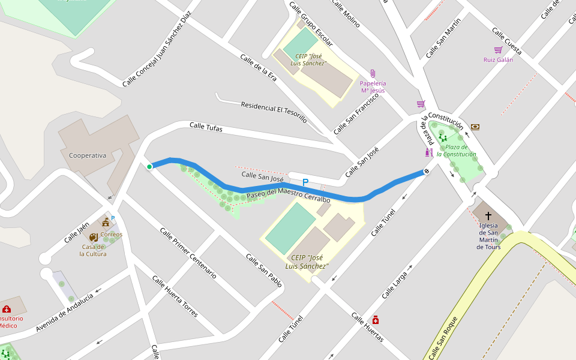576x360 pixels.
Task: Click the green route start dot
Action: (x=149, y=167)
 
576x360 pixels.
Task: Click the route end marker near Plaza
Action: (x=427, y=172)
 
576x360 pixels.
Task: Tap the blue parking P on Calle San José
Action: (x=305, y=182)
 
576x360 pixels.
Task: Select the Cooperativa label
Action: (x=88, y=155)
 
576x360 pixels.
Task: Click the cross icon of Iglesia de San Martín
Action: (x=488, y=215)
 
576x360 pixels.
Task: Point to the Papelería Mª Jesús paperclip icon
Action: (x=373, y=74)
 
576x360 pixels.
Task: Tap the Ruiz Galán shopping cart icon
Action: (x=498, y=50)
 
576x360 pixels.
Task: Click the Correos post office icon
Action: (x=106, y=223)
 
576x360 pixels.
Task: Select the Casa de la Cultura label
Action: (x=93, y=250)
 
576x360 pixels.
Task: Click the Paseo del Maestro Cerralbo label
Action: (x=288, y=196)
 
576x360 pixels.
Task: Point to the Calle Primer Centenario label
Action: (x=188, y=253)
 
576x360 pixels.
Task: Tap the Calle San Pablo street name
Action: (x=263, y=270)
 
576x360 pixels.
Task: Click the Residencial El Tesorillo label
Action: (x=274, y=112)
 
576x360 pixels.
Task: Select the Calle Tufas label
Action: (x=206, y=127)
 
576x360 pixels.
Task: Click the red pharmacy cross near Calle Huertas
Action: (x=376, y=320)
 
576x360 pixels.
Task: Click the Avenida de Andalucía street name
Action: (x=64, y=312)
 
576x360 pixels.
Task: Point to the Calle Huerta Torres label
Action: (x=175, y=296)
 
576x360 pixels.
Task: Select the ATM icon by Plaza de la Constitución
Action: (x=475, y=127)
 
